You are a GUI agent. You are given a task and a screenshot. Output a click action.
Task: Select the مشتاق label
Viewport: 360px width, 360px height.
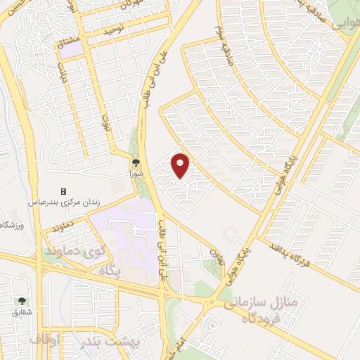tap(68, 43)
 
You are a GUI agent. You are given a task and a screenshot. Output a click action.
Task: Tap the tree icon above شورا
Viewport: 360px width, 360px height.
tap(136, 161)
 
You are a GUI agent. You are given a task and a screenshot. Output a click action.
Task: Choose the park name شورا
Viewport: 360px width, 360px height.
tap(136, 171)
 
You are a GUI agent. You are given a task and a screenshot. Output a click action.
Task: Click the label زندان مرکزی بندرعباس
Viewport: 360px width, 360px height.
tap(64, 201)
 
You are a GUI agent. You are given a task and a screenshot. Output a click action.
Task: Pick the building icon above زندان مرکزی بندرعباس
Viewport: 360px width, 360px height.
tap(64, 191)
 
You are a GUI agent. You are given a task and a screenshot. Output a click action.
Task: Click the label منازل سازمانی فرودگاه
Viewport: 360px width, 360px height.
tap(262, 310)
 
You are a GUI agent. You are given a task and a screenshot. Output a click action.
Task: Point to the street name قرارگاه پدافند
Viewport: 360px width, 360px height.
tap(288, 255)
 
